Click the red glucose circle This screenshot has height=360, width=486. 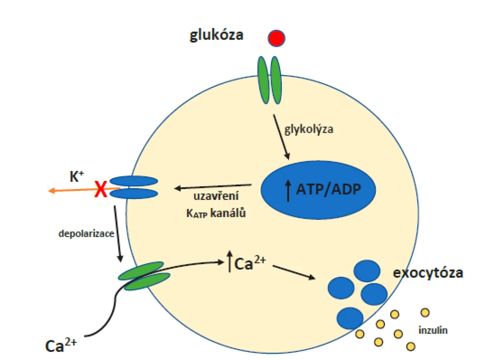[276, 38]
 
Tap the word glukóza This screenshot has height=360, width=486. [216, 35]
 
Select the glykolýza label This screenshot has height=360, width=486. [309, 129]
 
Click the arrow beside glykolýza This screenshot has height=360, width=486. [281, 137]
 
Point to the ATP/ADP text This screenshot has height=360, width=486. [329, 189]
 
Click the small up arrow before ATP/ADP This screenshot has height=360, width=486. [288, 191]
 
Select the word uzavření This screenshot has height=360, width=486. [216, 196]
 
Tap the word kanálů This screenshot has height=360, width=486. [228, 213]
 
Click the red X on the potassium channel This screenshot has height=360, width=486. [101, 189]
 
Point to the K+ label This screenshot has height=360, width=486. [76, 176]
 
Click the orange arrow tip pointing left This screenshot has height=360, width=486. [49, 191]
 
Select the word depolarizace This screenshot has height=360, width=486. [86, 234]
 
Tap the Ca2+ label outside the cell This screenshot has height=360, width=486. [61, 345]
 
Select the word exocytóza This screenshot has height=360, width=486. [428, 273]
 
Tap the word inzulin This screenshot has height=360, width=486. [433, 330]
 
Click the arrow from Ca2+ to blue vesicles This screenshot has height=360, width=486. [294, 272]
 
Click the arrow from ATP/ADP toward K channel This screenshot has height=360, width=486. [213, 187]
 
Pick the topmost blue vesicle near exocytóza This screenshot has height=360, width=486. [367, 271]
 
